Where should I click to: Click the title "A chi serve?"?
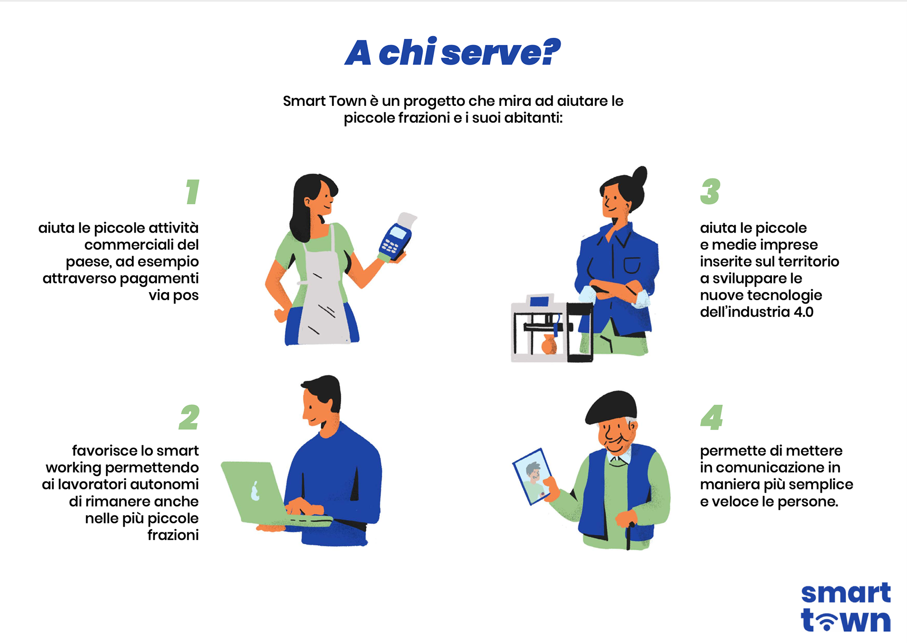(x=453, y=52)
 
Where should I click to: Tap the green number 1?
(x=192, y=191)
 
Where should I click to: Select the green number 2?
(x=189, y=417)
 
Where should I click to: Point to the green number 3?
(x=710, y=191)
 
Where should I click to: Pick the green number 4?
(x=711, y=417)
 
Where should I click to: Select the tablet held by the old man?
(x=533, y=477)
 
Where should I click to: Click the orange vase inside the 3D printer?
(x=549, y=344)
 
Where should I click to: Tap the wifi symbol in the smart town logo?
(x=827, y=620)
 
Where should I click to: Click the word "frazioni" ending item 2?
(x=173, y=535)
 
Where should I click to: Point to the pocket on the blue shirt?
(x=632, y=265)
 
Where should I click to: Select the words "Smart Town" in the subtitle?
(x=325, y=101)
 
